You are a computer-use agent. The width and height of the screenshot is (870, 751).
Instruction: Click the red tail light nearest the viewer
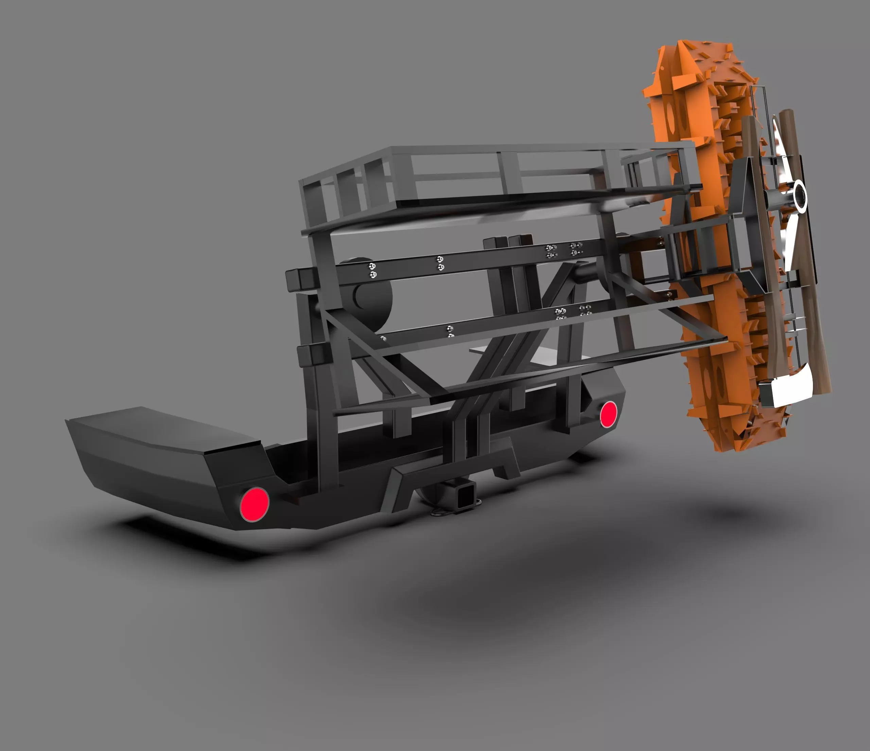click(x=254, y=504)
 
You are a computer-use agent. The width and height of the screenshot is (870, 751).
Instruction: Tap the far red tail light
click(x=608, y=414)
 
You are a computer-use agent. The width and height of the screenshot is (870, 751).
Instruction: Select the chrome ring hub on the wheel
click(x=799, y=196)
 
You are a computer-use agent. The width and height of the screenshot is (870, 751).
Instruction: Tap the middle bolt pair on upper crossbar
click(x=440, y=263)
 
